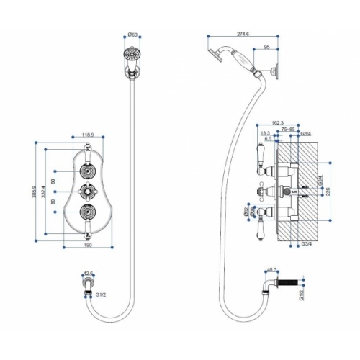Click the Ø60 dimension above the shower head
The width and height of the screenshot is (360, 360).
tap(132, 36)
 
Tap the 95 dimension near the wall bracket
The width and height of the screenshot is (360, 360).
tap(267, 48)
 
